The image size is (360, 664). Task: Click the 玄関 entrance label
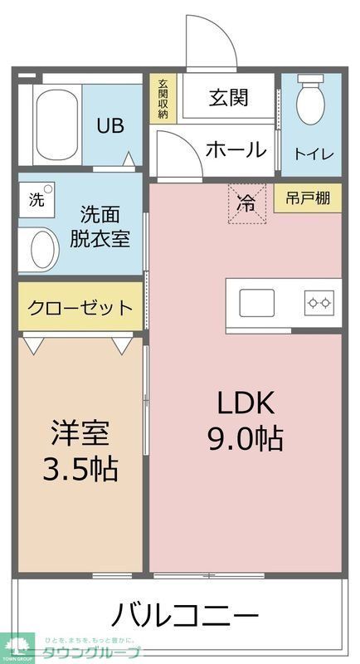coord(228,98)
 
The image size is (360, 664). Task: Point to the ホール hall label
coord(236,150)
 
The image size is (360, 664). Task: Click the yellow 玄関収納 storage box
coord(163,99)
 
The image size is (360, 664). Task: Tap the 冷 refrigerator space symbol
coord(246,203)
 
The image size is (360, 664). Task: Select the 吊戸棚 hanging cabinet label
coord(308,198)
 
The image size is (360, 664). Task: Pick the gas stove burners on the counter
coord(319,303)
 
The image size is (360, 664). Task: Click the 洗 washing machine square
coord(37,199)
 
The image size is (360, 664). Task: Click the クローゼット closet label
coord(80,309)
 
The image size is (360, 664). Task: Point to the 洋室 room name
coord(80,433)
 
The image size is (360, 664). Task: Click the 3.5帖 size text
coord(80,469)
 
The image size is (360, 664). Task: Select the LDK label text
coord(245,403)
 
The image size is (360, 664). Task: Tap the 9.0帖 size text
coord(245,437)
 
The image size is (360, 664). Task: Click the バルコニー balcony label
coord(184,616)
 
